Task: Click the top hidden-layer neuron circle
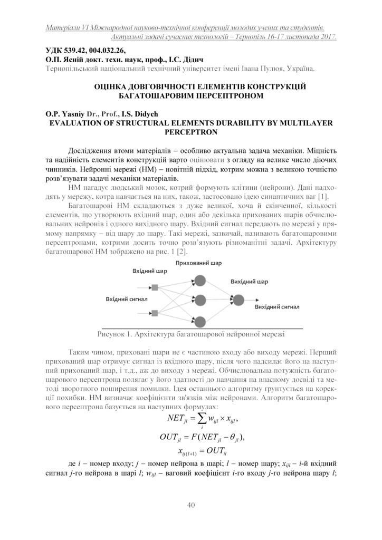tap(200, 279)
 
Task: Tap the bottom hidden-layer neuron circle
tap(200, 319)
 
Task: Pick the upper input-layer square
tap(156, 287)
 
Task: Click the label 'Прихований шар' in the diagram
tap(199, 263)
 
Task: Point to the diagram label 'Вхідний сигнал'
tap(127, 299)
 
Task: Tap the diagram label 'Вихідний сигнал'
tap(278, 306)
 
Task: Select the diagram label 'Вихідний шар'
tap(250, 282)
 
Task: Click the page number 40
tap(191, 505)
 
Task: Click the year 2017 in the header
tap(327, 37)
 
